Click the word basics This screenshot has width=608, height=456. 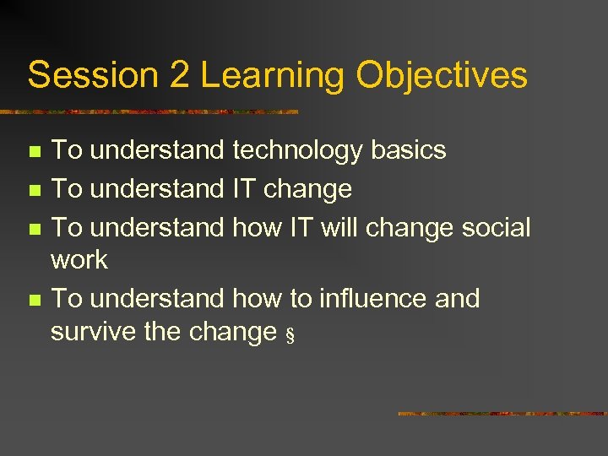(x=408, y=150)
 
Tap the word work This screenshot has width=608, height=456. (x=79, y=260)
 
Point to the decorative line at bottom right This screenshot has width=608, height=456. (x=502, y=414)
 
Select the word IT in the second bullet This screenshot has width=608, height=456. (x=244, y=189)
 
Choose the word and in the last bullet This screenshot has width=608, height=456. (x=456, y=298)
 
